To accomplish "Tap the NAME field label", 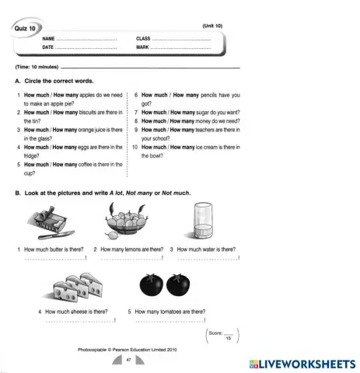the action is pyautogui.click(x=48, y=38).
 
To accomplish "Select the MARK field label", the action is pyautogui.click(x=143, y=47).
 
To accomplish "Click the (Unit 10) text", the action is pyautogui.click(x=211, y=26).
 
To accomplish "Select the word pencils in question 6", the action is pyautogui.click(x=201, y=94).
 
